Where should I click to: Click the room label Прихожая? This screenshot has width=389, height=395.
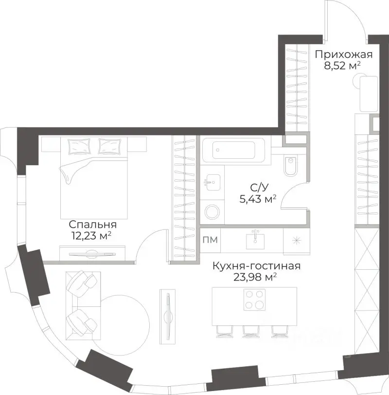[343, 55]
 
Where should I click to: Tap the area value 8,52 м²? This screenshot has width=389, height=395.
[342, 66]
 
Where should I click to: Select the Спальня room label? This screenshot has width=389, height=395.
[93, 224]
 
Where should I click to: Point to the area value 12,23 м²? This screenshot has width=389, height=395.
[91, 236]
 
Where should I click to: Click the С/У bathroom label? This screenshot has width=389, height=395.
[260, 188]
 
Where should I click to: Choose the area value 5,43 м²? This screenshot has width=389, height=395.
[258, 199]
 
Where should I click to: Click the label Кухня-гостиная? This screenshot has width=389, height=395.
[256, 266]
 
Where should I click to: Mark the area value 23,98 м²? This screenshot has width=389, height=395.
[255, 277]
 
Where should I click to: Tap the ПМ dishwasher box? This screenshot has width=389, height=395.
[210, 240]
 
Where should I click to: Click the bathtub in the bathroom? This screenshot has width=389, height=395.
[233, 150]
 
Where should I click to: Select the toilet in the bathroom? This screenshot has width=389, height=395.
[290, 166]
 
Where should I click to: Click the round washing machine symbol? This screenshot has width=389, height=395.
[212, 211]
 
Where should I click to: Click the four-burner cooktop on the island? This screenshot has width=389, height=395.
[254, 300]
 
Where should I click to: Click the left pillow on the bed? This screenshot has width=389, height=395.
[79, 146]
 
